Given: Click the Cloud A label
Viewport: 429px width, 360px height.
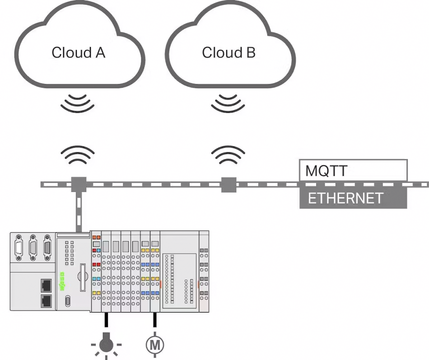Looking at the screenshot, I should (78, 52).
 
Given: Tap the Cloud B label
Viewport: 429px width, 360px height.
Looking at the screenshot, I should (228, 52).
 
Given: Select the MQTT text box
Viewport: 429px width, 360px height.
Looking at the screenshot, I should (353, 170).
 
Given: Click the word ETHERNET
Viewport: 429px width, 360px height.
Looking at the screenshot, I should (345, 198).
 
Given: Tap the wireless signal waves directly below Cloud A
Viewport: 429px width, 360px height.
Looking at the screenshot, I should (78, 103).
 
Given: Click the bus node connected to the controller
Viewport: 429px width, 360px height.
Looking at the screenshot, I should (79, 184).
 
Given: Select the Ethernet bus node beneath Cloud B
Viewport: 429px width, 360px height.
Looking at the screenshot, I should (228, 184).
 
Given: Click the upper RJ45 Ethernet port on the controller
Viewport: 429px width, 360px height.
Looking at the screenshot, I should (46, 285).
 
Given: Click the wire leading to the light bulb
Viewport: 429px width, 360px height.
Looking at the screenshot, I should (106, 322).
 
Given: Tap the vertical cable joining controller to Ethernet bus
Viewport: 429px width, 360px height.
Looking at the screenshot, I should (79, 210).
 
